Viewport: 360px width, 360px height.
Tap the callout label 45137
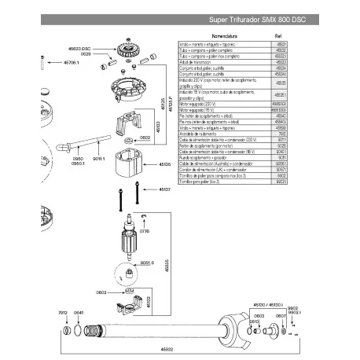pos(164,189)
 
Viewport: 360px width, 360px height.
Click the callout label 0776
pos(144,231)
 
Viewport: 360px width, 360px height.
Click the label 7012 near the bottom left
pos(63,312)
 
